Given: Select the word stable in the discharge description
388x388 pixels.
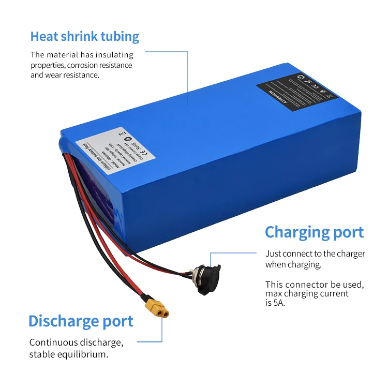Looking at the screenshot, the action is pos(41,354).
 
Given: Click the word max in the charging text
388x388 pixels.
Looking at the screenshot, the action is pos(274,294).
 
